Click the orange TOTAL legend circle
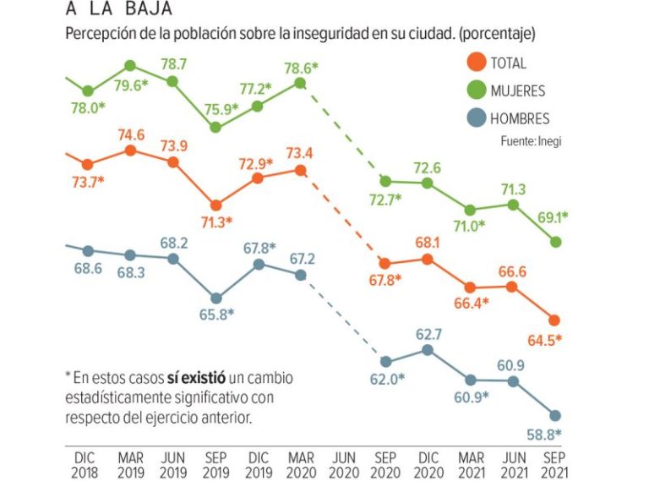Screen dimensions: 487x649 [477, 62]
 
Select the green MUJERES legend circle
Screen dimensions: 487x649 [477, 90]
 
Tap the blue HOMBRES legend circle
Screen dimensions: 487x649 [477, 118]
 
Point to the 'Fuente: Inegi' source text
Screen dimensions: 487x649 [531, 141]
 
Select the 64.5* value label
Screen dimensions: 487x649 [546, 341]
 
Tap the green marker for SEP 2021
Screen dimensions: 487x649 [555, 242]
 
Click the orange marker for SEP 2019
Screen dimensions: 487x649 [215, 205]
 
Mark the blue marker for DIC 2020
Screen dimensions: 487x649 [428, 350]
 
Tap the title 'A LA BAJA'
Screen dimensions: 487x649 [118, 10]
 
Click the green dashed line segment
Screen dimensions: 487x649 [342, 131]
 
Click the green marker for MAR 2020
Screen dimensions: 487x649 [300, 83]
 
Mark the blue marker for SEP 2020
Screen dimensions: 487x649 [385, 362]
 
